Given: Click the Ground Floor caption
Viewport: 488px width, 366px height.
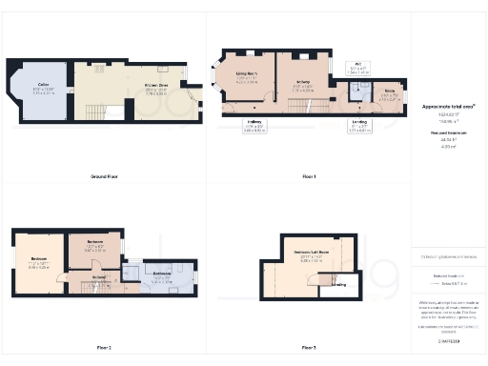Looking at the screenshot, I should pyautogui.click(x=104, y=177).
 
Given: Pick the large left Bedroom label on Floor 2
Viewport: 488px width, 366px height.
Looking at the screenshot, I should pyautogui.click(x=39, y=261).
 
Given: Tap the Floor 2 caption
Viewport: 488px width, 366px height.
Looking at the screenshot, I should pyautogui.click(x=104, y=348).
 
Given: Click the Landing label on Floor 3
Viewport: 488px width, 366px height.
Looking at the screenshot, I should pyautogui.click(x=338, y=284).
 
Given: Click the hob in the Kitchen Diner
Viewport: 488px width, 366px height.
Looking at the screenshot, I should pyautogui.click(x=164, y=70).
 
